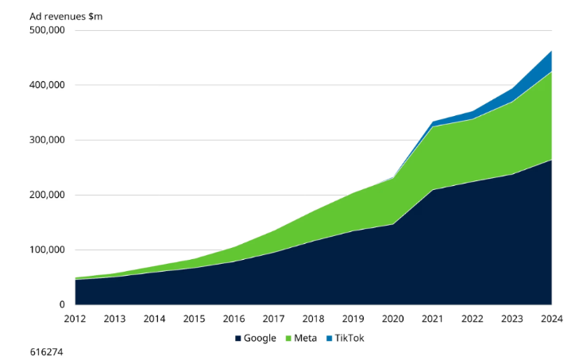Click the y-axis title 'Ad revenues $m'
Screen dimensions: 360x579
(66, 16)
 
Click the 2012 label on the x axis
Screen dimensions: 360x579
(75, 319)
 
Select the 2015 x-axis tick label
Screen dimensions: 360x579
(194, 319)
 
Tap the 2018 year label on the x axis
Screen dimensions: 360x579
(313, 319)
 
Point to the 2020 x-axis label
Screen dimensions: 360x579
(392, 319)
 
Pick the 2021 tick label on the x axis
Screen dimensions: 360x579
(432, 319)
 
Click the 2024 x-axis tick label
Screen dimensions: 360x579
(551, 319)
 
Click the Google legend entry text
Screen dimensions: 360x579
(260, 338)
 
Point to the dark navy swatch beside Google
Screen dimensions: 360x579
(237, 338)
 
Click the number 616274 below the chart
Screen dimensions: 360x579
(46, 350)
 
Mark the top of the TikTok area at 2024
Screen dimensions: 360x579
(551, 51)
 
